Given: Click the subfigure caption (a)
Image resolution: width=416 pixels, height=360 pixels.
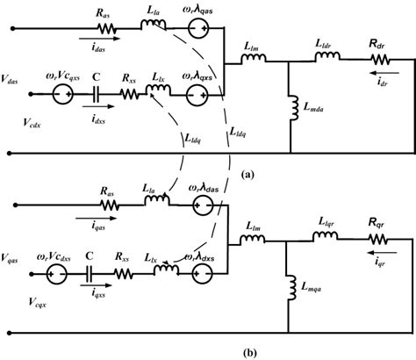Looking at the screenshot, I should (248, 173).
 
